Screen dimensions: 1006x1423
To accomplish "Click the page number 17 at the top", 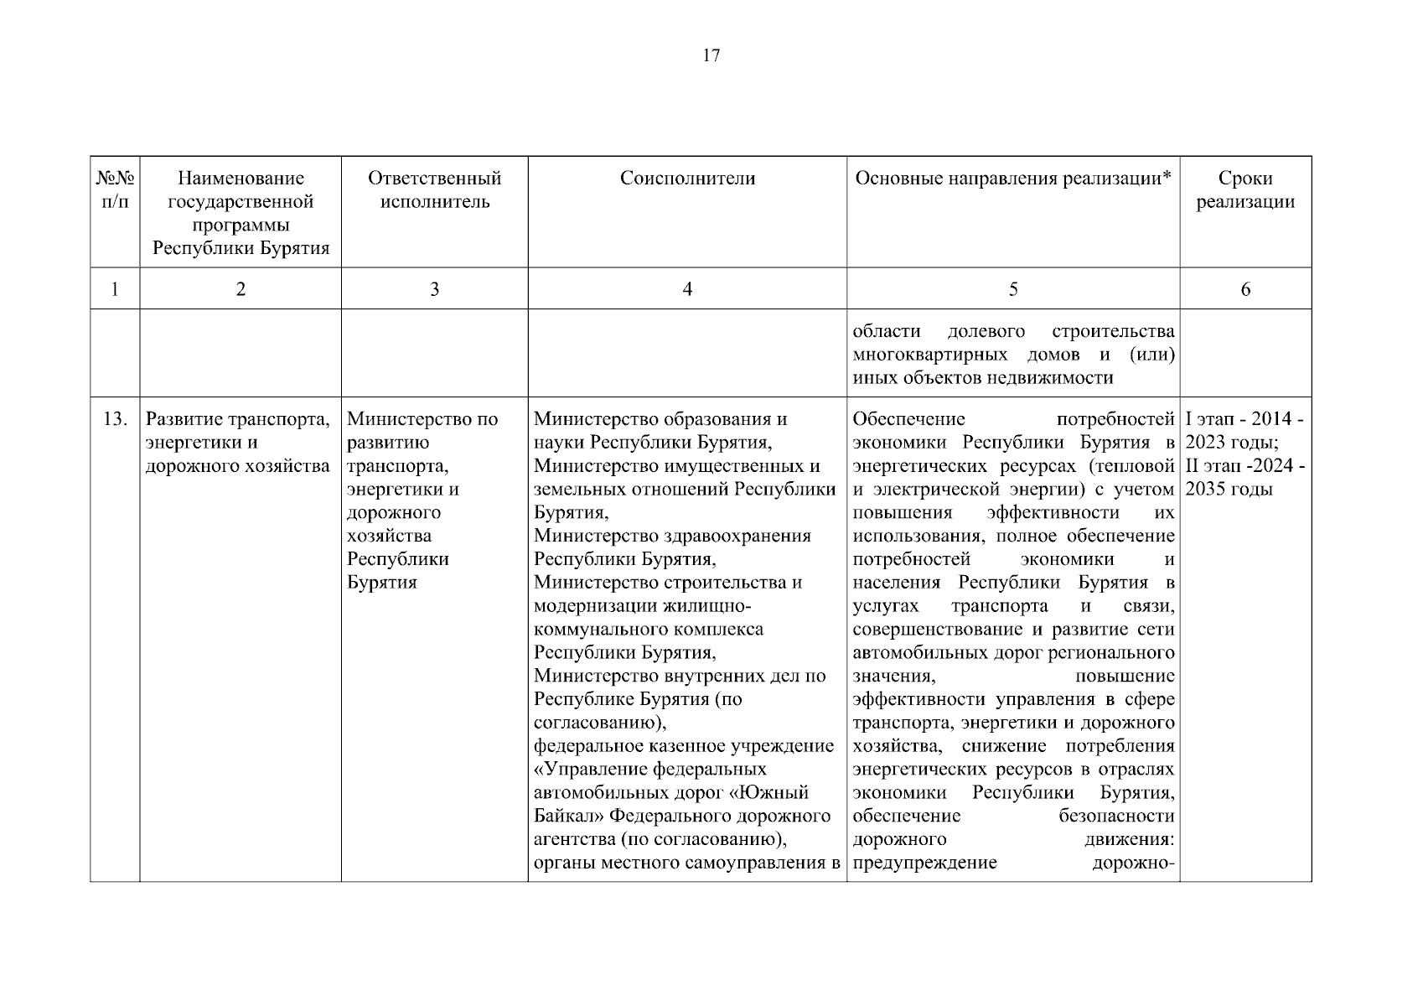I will point(711,56).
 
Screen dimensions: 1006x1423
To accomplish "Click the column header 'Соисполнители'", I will point(687,179).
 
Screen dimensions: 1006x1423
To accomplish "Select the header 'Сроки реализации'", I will point(1244,190).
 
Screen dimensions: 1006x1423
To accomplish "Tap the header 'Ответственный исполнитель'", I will point(434,190).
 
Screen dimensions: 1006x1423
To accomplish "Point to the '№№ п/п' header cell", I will point(115,190).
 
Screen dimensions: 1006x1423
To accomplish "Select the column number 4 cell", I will point(687,289).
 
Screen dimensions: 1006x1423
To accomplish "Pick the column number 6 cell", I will point(1245,289).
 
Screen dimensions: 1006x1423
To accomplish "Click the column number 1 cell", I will point(115,289).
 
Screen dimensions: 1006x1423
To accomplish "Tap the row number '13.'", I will point(116,419).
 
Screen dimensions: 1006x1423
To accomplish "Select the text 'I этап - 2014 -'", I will point(1244,419).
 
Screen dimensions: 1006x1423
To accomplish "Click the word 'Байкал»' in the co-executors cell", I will point(568,816).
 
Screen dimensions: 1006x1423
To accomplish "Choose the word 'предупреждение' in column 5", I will point(924,863).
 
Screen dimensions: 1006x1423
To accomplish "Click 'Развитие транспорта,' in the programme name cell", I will point(238,419).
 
